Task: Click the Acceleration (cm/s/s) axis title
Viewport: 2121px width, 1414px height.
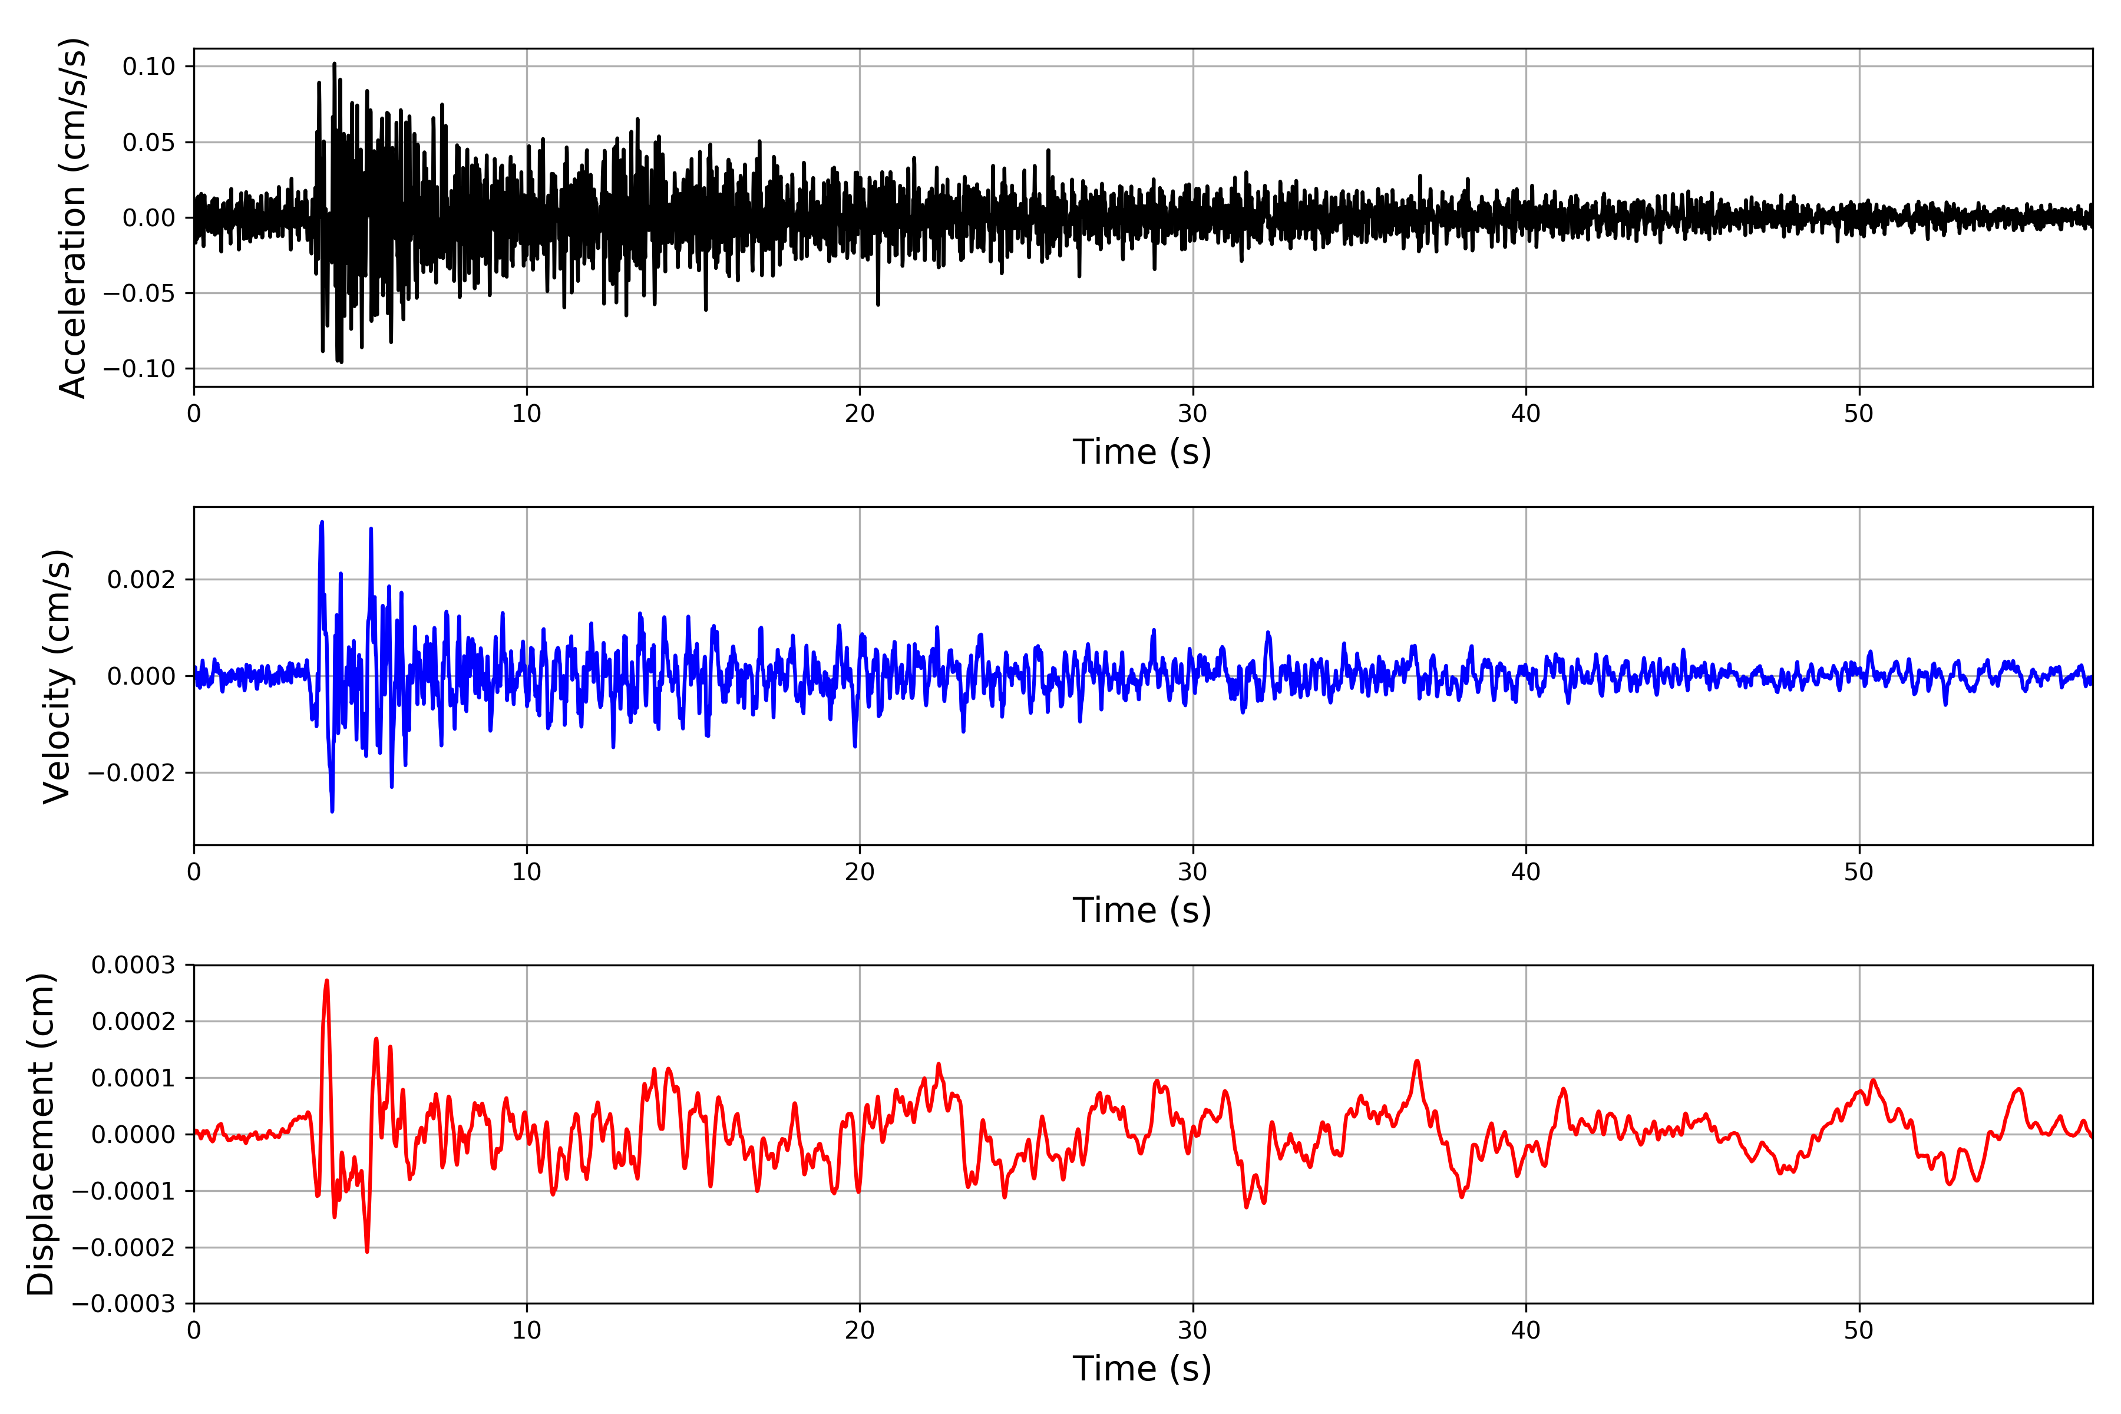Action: tap(72, 217)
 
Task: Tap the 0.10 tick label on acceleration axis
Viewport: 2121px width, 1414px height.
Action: tap(149, 66)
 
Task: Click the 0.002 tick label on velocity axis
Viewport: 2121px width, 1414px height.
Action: tap(141, 579)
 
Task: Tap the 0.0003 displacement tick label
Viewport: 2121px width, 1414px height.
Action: tap(134, 965)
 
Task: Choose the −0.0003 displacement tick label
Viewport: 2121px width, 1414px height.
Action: tap(124, 1303)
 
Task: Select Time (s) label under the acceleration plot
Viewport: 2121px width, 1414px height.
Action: tap(1142, 452)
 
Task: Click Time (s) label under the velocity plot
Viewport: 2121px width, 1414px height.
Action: tap(1142, 910)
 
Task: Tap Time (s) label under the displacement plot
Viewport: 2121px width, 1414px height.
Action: tap(1142, 1368)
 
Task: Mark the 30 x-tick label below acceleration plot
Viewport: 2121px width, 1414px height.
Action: tap(1192, 414)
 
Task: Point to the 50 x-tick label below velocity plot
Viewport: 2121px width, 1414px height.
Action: tap(1859, 872)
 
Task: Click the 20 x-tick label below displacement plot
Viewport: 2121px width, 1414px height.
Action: tap(860, 1330)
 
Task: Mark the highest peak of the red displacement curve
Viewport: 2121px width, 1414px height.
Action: tap(326, 980)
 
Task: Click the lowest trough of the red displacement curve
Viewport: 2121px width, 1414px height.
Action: tap(367, 1251)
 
